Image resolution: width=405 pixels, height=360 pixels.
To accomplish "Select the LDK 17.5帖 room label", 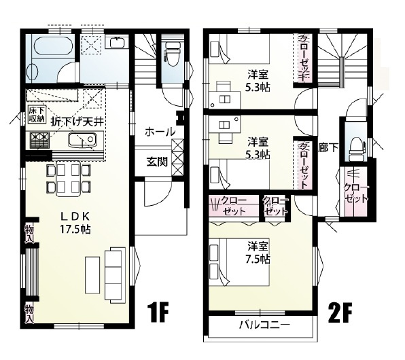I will tap(75, 222).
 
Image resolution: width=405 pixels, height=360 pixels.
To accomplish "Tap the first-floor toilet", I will tap(172, 58).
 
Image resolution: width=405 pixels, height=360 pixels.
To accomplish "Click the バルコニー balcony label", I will tap(263, 326).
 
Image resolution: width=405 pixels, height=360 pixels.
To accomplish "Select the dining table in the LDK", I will tap(68, 177).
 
